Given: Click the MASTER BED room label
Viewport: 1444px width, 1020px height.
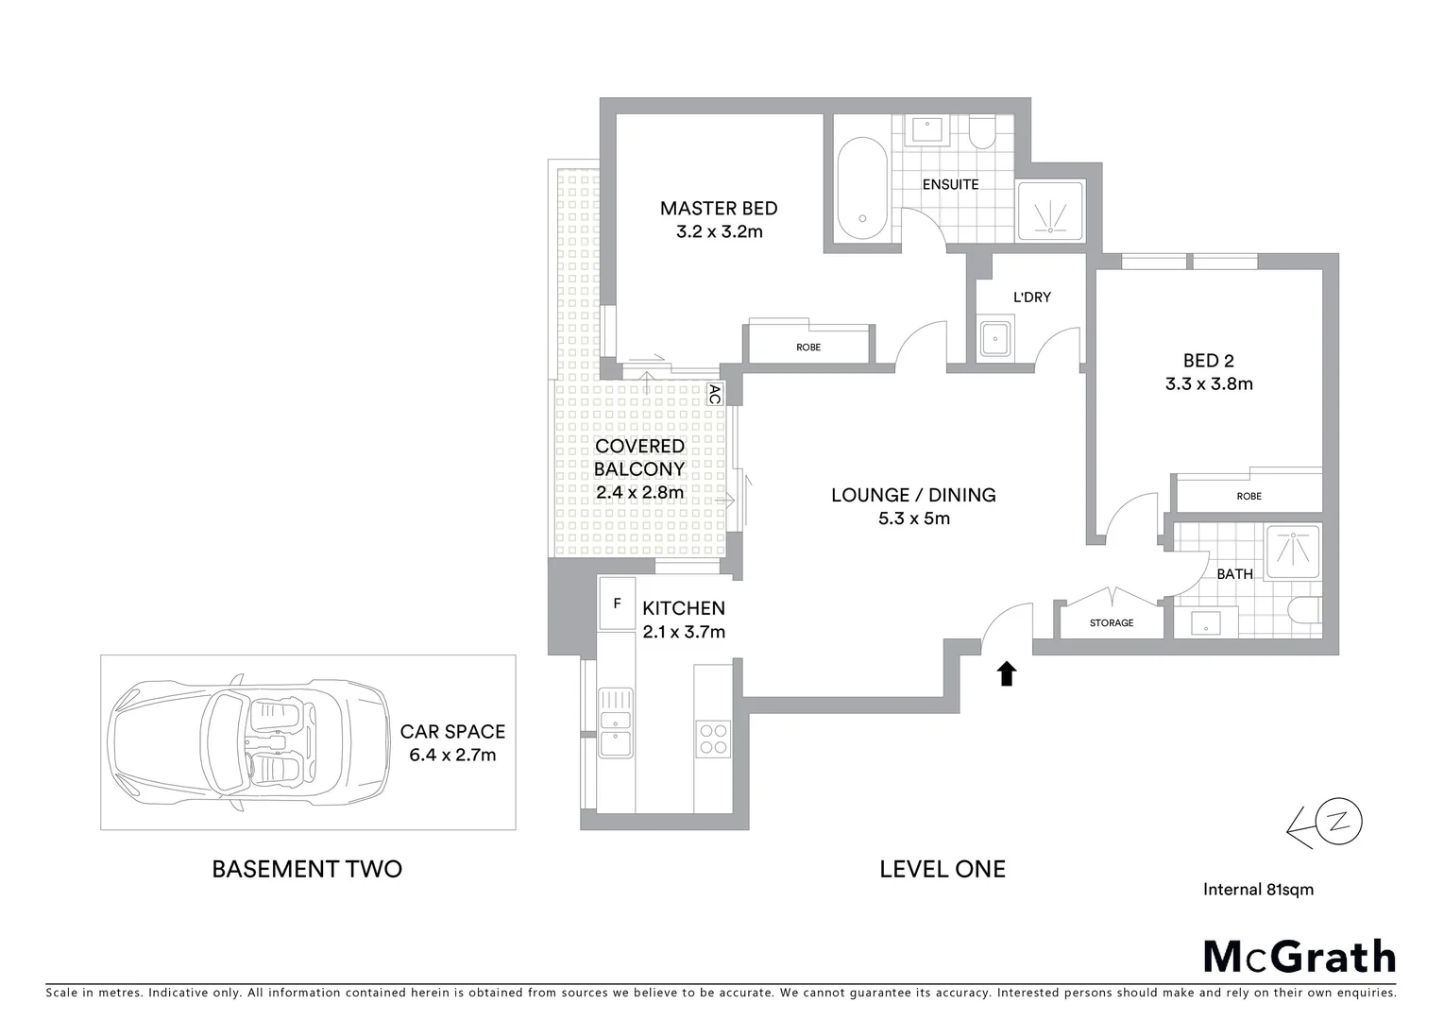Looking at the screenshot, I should pos(718,209).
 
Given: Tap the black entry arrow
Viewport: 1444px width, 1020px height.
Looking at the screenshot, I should pos(1006,672).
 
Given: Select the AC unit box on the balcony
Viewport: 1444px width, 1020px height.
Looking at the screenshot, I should pos(714,394).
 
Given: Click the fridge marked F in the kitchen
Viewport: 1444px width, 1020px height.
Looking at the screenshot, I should pos(617,603).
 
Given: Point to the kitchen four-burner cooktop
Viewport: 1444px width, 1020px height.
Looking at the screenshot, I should pos(712,738).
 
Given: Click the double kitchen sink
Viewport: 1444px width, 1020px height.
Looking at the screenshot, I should pos(615,722).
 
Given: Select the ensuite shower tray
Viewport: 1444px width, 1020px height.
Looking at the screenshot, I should pos(1049,210).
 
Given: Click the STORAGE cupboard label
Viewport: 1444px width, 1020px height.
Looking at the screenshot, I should pos(1111,622).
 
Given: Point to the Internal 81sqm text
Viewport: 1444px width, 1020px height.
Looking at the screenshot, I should pos(1258,889).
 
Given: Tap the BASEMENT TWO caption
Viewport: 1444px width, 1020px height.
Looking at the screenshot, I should pos(307,869).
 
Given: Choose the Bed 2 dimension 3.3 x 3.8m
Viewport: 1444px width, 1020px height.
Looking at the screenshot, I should pos(1208,384).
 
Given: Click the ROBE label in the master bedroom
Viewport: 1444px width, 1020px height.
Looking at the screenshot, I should pos(807,347).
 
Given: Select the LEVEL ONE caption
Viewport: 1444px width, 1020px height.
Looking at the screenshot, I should pos(942,869).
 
